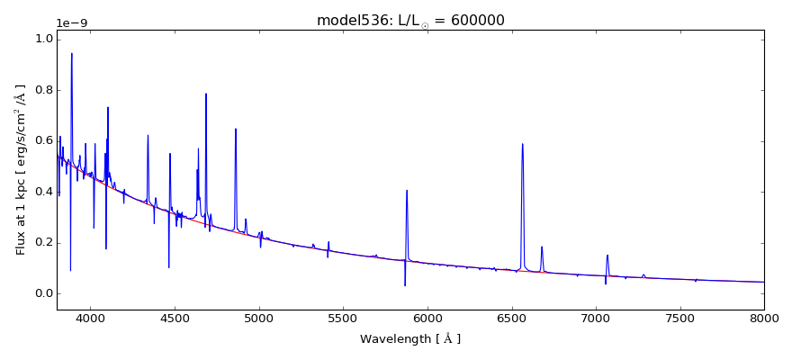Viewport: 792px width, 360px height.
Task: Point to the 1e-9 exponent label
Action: [73, 23]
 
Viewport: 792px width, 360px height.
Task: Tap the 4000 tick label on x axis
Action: [90, 319]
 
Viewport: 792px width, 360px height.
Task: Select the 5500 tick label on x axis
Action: [343, 319]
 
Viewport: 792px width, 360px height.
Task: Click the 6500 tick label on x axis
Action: [511, 319]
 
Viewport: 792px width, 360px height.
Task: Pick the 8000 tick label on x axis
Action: [763, 319]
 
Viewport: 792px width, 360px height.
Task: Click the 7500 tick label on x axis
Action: [679, 319]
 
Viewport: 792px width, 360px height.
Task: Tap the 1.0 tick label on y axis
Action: [42, 39]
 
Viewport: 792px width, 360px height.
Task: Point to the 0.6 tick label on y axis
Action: [42, 140]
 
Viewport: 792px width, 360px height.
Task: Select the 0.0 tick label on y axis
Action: [42, 293]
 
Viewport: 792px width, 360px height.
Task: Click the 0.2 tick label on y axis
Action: [42, 242]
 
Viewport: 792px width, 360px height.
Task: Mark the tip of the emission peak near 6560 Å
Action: [522, 144]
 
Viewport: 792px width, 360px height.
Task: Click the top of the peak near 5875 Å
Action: [407, 190]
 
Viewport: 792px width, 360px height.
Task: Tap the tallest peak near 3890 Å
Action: [72, 53]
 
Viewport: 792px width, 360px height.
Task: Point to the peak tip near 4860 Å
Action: [236, 129]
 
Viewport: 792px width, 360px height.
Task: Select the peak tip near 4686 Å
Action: [206, 94]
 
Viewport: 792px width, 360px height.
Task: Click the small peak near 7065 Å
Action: [607, 255]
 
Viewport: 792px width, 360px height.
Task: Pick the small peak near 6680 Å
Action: [542, 247]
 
